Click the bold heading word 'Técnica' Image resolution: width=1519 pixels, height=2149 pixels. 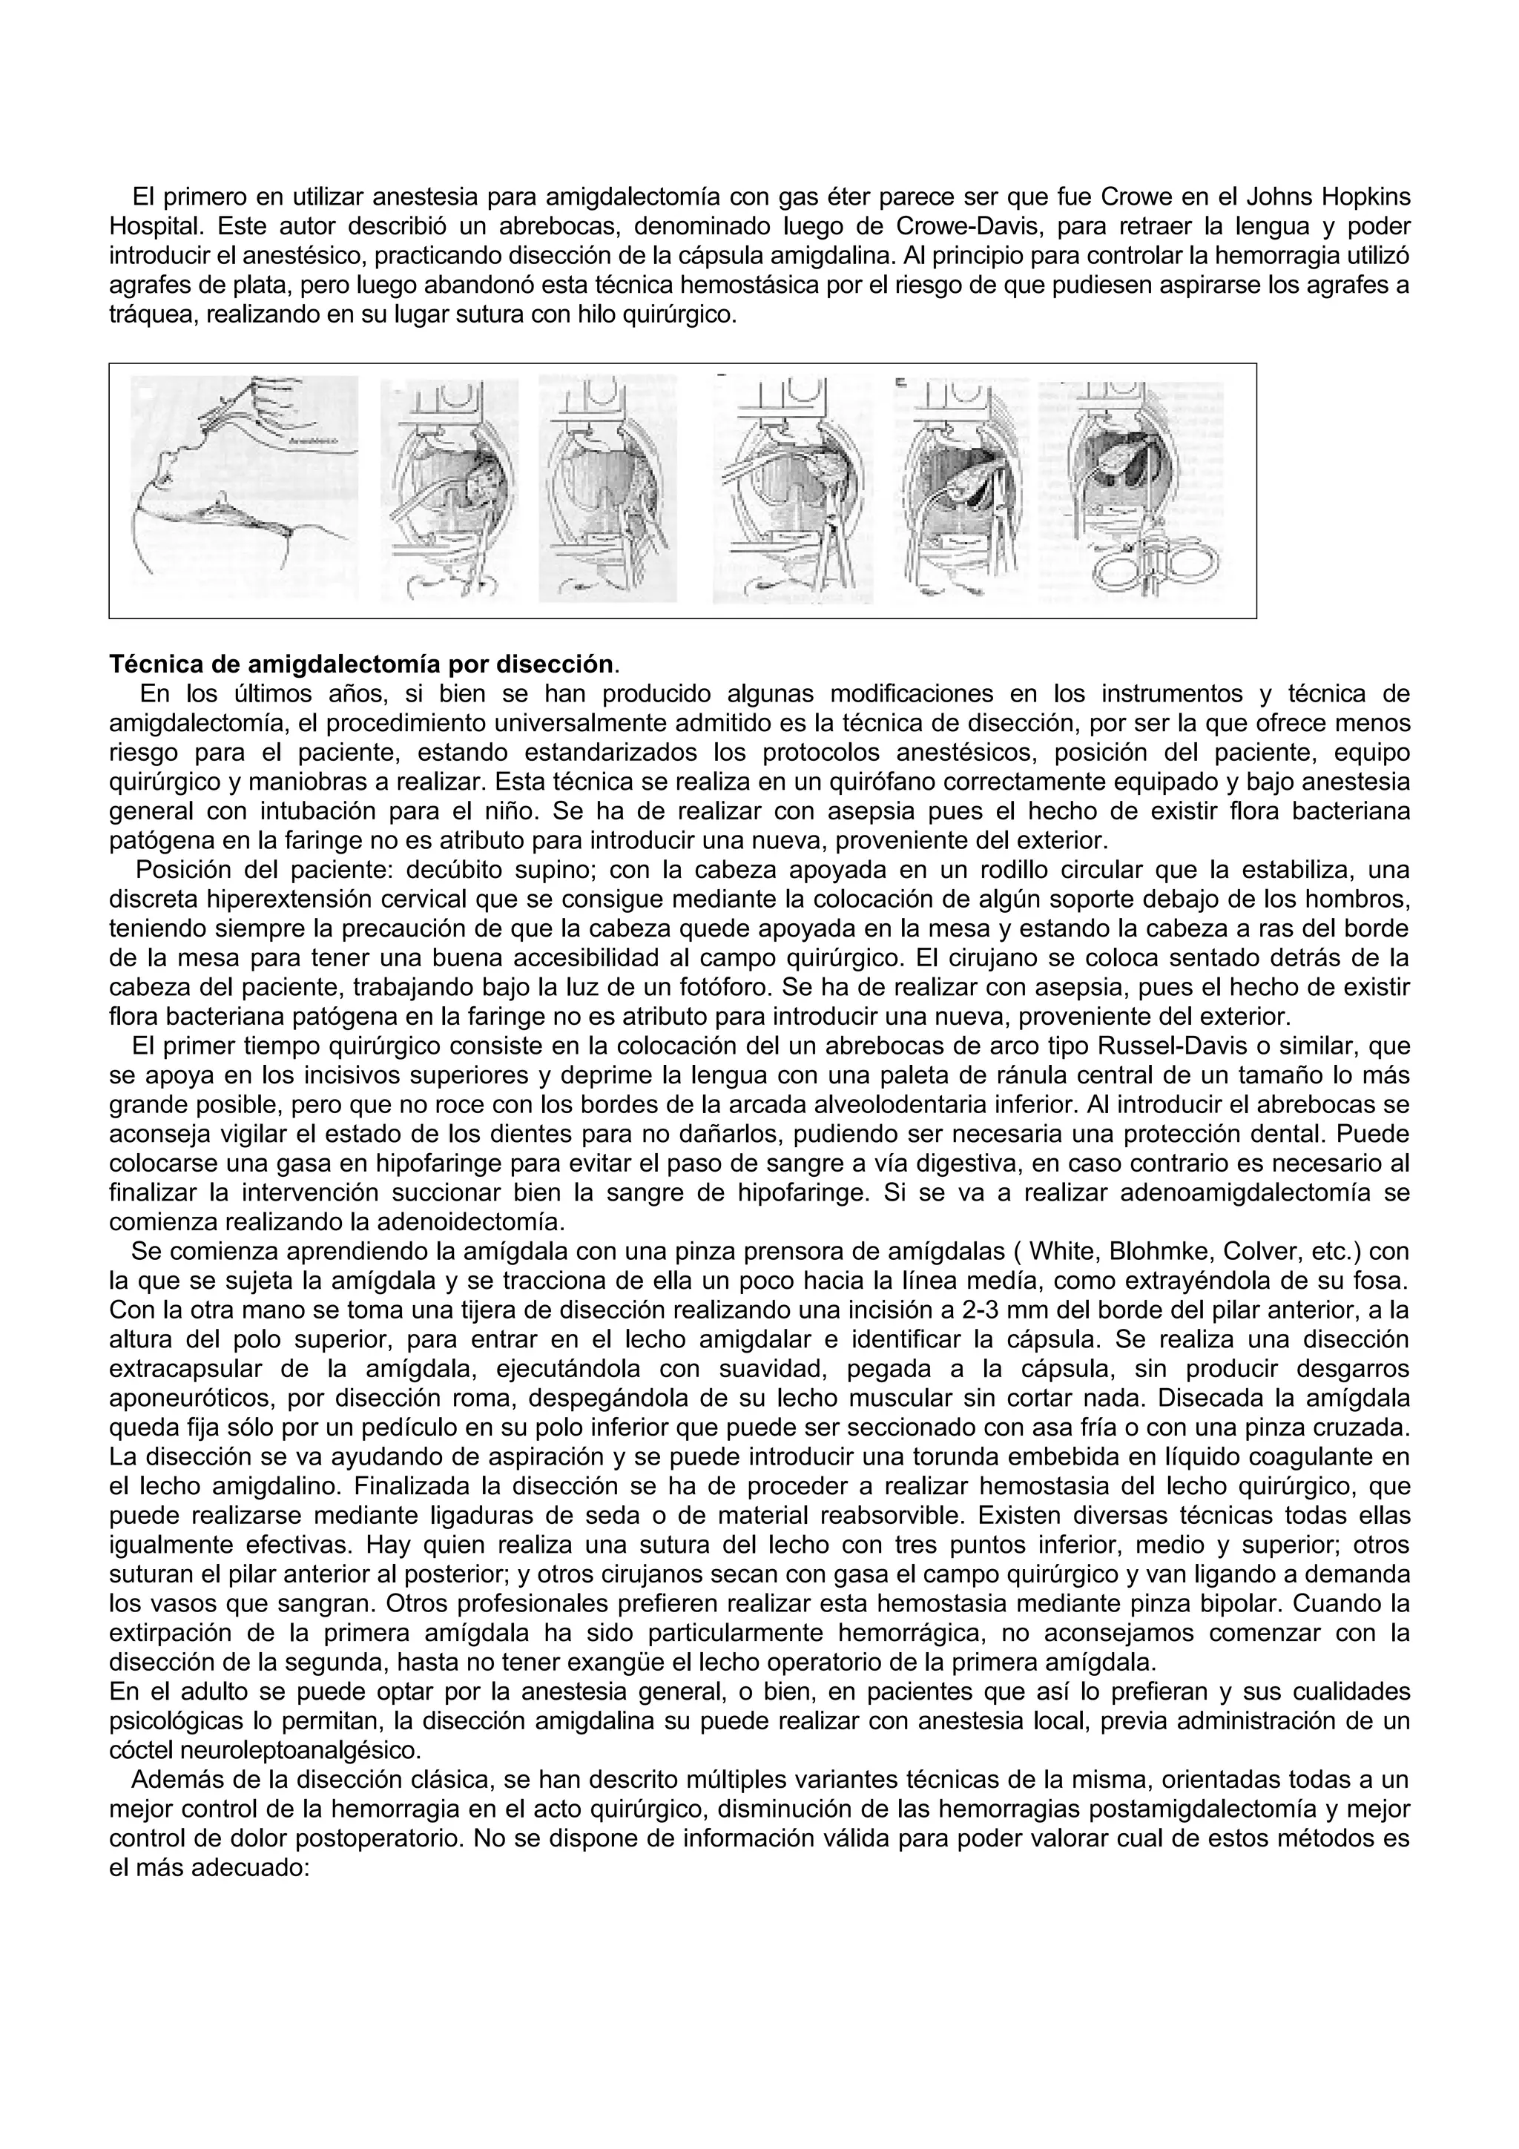154,664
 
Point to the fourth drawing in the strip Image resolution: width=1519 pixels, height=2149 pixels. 793,489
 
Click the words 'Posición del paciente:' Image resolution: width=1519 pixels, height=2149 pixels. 253,871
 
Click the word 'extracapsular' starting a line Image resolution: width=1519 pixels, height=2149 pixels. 182,1368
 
